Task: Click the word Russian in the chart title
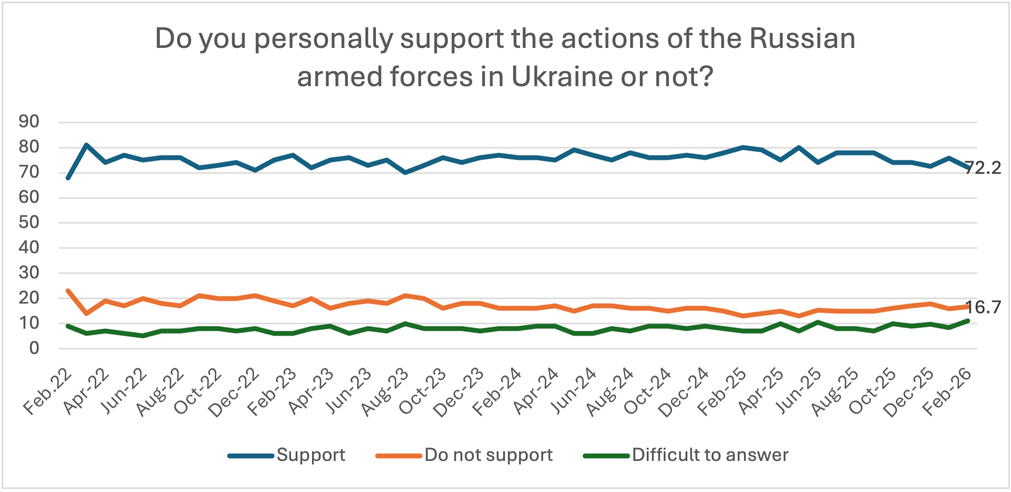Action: pos(803,39)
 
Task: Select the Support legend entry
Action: pos(286,455)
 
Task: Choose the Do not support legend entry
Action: pos(464,455)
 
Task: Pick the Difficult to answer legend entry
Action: pos(686,455)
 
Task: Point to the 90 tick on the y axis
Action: pos(29,122)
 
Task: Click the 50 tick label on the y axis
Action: pos(29,223)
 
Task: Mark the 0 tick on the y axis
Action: pos(34,348)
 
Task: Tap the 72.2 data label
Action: pos(983,168)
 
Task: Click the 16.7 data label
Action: pos(983,307)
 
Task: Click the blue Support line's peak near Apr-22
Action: pos(87,145)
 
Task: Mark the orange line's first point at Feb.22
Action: pos(68,291)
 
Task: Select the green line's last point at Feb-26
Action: pos(968,320)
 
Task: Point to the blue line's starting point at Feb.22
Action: pos(68,178)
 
